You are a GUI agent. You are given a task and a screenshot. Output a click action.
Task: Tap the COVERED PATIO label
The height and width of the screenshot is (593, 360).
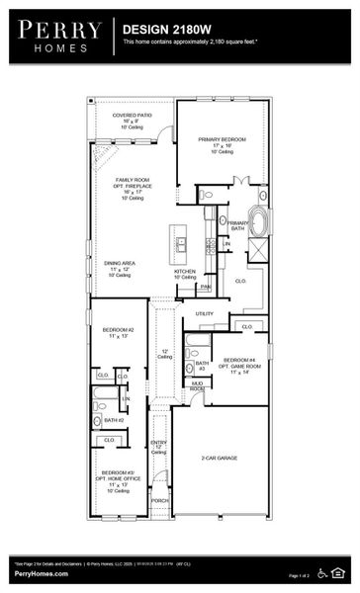[x=132, y=121]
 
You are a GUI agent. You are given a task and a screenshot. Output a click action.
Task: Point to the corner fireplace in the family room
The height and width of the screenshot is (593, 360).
[x=100, y=153]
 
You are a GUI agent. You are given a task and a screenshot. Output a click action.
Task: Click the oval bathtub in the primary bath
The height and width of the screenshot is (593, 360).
[x=257, y=221]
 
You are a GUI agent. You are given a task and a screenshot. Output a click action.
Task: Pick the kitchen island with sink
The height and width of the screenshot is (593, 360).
[x=178, y=240]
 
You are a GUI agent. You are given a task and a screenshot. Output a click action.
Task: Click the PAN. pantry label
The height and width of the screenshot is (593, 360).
[x=205, y=288]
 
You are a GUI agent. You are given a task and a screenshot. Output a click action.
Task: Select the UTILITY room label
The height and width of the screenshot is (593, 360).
[x=205, y=314]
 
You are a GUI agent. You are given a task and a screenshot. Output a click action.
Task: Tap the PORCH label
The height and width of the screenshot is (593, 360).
[x=159, y=500]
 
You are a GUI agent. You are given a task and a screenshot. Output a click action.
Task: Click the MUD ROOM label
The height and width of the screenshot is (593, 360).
[x=198, y=385]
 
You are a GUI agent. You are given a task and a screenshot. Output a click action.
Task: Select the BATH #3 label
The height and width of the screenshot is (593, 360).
[x=201, y=366]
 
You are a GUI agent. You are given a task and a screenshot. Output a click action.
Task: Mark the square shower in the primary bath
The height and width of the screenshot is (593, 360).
[x=257, y=249]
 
